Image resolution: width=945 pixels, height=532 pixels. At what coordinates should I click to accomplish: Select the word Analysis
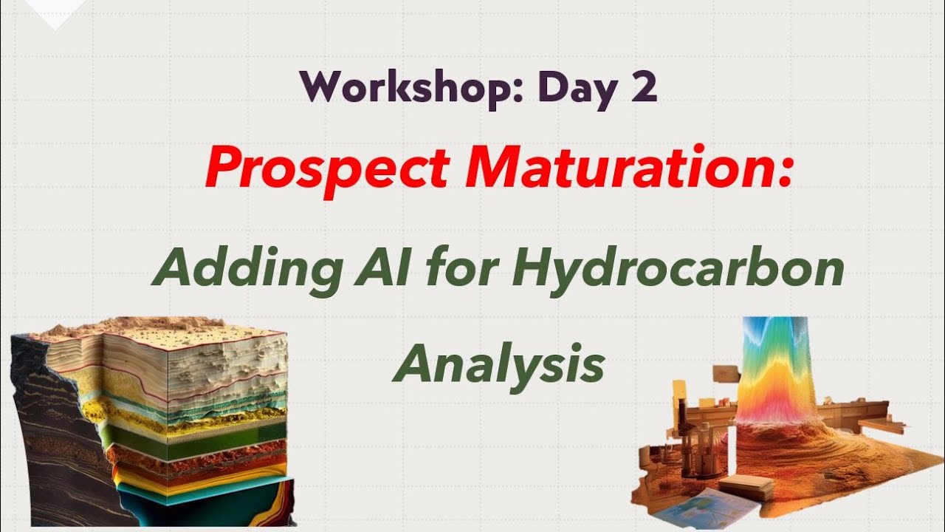point(498,365)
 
